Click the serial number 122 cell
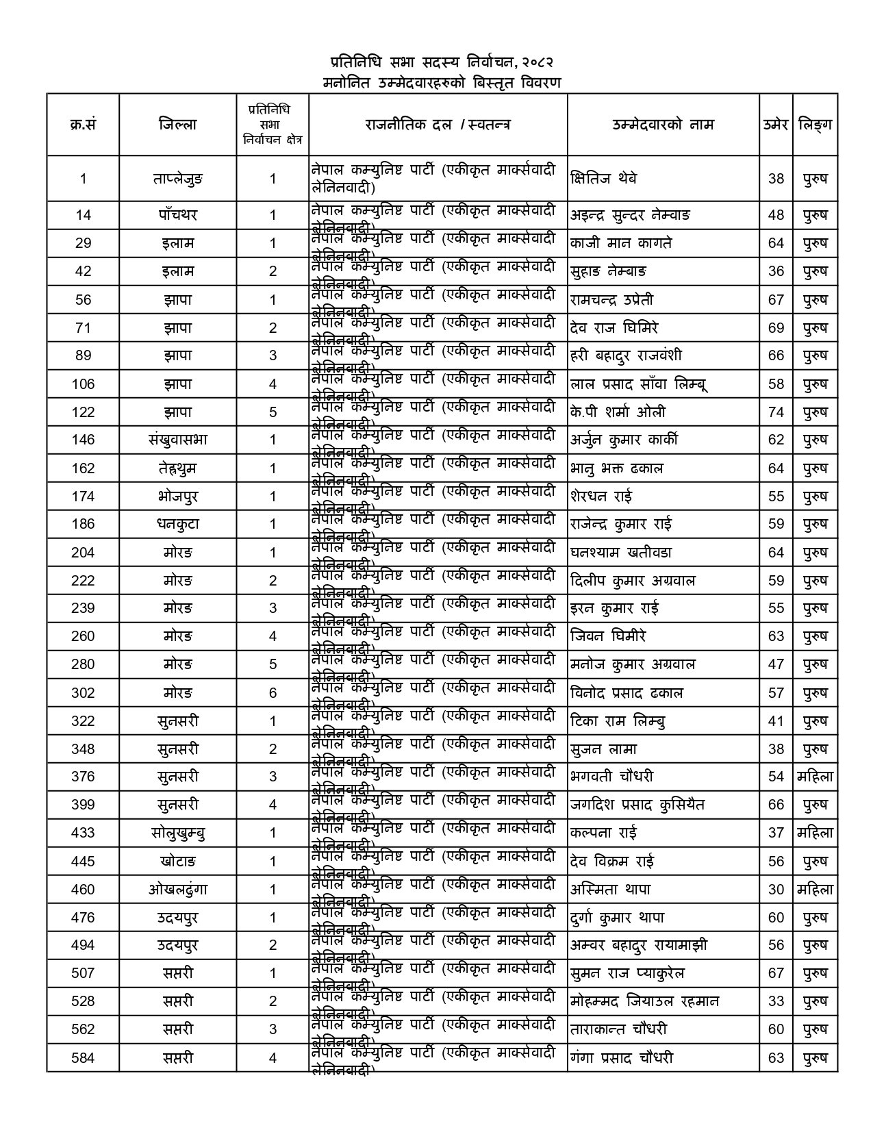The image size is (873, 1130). [x=83, y=412]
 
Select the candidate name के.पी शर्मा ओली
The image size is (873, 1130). [x=618, y=412]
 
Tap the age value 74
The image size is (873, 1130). [x=776, y=412]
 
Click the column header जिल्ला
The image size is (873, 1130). [x=177, y=125]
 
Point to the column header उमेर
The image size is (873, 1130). [x=776, y=125]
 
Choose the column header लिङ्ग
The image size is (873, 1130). [x=815, y=125]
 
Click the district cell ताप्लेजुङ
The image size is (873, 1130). [x=177, y=179]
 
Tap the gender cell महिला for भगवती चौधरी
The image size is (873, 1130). [x=815, y=777]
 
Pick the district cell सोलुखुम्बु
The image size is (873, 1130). [x=177, y=833]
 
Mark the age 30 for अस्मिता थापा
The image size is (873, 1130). [x=776, y=890]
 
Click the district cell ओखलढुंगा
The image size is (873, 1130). [x=177, y=890]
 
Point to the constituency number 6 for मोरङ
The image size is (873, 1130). [x=273, y=693]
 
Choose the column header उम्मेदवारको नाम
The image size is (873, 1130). [x=663, y=125]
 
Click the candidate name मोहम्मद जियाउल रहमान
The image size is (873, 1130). [x=644, y=1001]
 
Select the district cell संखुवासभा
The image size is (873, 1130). [x=177, y=440]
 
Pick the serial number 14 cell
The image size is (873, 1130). [x=83, y=215]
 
